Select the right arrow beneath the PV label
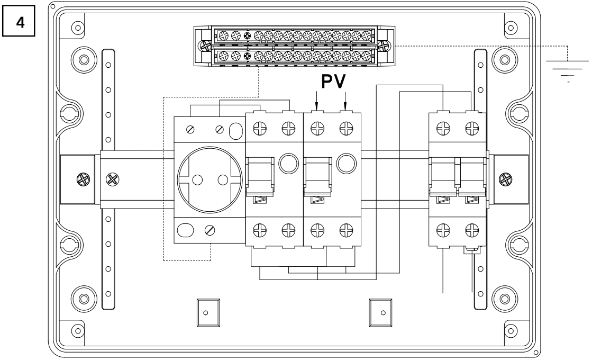pyautogui.click(x=345, y=99)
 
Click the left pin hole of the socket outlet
pyautogui.click(x=197, y=180)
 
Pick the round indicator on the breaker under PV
pyautogui.click(x=347, y=164)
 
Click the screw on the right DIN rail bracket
pyautogui.click(x=506, y=179)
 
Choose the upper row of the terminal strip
pyautogui.click(x=294, y=36)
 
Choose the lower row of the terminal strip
pyautogui.click(x=294, y=55)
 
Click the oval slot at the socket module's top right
pyautogui.click(x=236, y=128)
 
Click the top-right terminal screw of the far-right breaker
pyautogui.click(x=470, y=127)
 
